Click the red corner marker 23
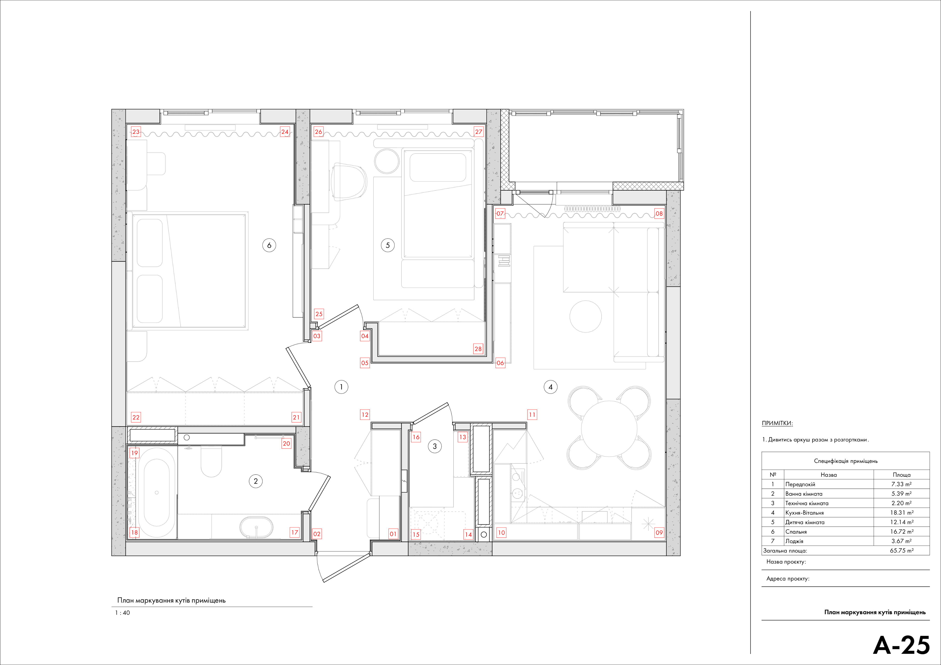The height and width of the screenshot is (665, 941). click(136, 132)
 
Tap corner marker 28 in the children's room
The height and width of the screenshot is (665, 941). click(478, 349)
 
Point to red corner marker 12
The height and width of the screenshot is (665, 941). click(365, 415)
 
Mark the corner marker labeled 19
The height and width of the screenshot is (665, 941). click(134, 453)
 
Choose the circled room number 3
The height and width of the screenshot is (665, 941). click(435, 446)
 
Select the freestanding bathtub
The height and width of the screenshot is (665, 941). click(156, 493)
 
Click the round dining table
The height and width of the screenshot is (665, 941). click(609, 428)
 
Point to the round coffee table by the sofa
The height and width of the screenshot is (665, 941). click(586, 316)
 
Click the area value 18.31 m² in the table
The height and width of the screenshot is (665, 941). click(902, 513)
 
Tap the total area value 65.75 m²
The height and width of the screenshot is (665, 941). click(902, 551)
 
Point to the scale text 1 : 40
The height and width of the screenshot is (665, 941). click(122, 613)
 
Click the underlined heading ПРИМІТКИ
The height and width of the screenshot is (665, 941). click(777, 423)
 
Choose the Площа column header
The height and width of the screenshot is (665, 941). click(902, 475)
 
